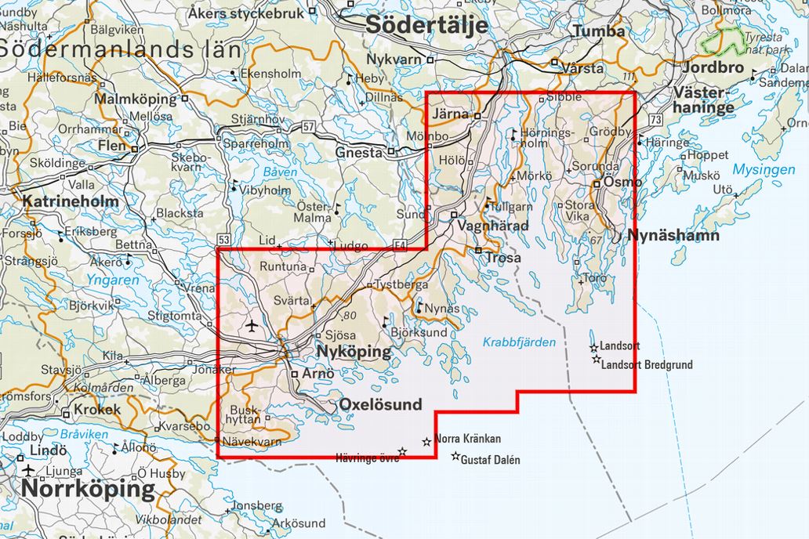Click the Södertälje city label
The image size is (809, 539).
point(427,25)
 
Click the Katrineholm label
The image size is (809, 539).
point(71,201)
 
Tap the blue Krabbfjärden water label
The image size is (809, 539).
point(519,342)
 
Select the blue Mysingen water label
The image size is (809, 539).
point(764,169)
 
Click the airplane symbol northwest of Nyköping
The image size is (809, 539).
point(251,325)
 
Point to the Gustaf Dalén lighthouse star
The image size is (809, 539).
point(455,456)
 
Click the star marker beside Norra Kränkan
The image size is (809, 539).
point(426,442)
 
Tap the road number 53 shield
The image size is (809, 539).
point(225,239)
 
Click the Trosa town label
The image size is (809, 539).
point(504,257)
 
